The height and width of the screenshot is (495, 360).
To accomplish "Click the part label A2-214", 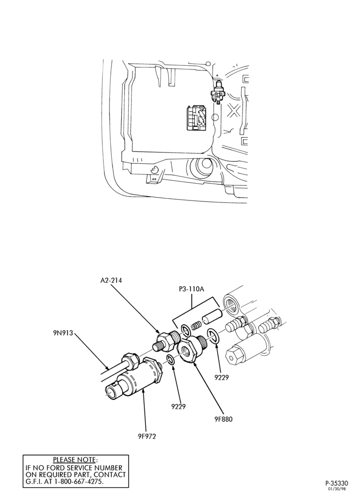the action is coord(111,280).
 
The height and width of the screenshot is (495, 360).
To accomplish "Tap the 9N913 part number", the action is coord(63,333).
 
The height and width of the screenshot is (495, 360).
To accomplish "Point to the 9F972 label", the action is coord(146,436).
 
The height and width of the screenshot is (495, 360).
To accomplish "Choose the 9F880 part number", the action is coord(223,419).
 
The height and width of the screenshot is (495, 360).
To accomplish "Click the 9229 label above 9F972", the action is coord(179,406).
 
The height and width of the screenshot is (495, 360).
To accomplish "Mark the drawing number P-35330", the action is coord(337,483).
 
